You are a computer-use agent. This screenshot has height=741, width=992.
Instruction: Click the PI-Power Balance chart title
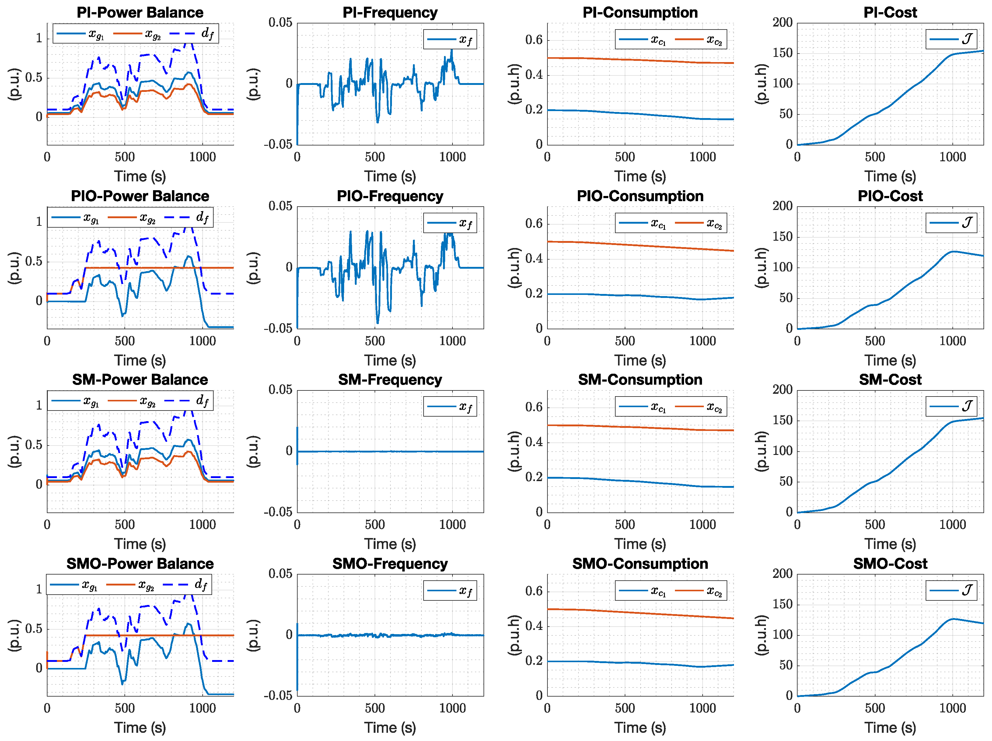[140, 12]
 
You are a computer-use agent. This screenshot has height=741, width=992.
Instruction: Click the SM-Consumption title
[640, 379]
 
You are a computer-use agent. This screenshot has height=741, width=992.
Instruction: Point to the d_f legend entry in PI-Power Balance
[193, 34]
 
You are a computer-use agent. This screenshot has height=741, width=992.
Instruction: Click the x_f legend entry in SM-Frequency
[450, 407]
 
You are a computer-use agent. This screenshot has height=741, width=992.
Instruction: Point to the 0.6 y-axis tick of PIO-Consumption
[534, 223]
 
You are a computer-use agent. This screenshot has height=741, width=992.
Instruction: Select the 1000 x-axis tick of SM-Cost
[952, 524]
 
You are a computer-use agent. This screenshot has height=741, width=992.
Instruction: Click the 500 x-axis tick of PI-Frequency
[375, 157]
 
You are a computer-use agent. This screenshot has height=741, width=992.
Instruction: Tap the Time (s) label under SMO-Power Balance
[140, 728]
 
